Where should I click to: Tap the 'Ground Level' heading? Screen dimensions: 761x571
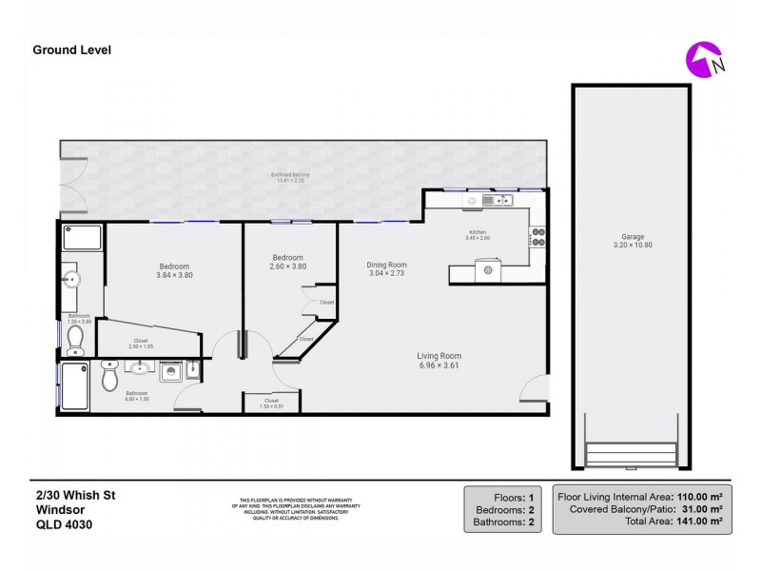(72, 49)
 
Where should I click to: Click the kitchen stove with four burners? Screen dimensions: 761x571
(537, 236)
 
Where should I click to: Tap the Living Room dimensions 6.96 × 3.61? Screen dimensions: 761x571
(439, 364)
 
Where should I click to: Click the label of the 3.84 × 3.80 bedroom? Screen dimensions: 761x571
(174, 266)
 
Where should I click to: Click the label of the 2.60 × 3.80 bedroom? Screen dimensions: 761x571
(288, 257)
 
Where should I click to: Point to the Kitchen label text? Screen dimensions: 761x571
(478, 233)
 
